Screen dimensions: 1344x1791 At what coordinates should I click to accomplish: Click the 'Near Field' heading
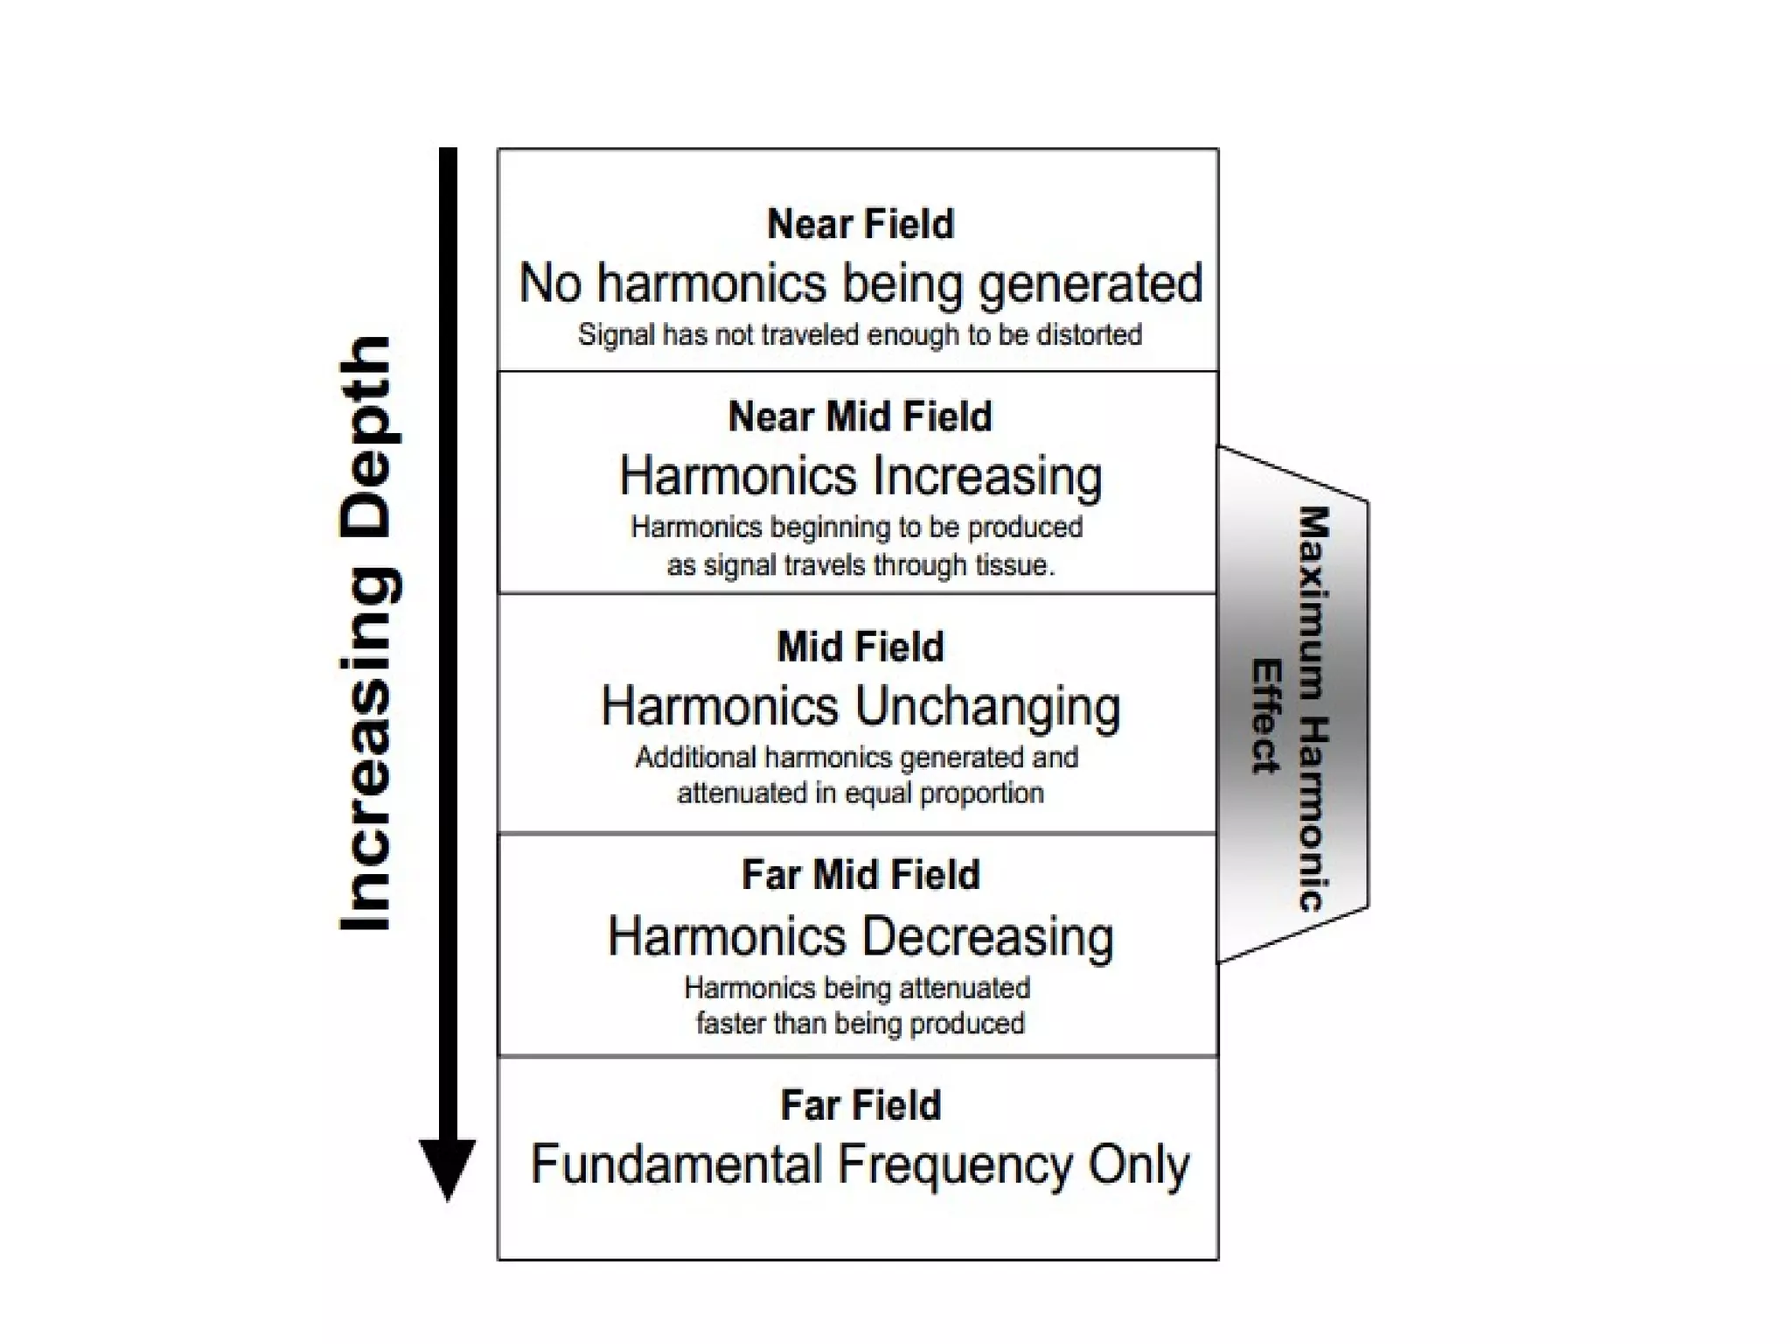861,224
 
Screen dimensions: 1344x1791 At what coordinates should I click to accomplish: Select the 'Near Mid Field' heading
861,416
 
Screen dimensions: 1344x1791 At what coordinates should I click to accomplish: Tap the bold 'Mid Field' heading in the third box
861,647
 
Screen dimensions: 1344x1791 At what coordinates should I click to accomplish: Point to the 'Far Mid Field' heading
861,875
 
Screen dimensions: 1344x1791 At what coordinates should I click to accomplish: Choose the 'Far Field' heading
861,1105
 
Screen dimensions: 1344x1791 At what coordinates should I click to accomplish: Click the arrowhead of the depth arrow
448,1168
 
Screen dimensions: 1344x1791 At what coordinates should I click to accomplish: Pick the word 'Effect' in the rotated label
1265,716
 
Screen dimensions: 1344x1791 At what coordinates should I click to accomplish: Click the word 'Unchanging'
988,707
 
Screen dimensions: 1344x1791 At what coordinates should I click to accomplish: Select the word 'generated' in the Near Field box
1091,284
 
